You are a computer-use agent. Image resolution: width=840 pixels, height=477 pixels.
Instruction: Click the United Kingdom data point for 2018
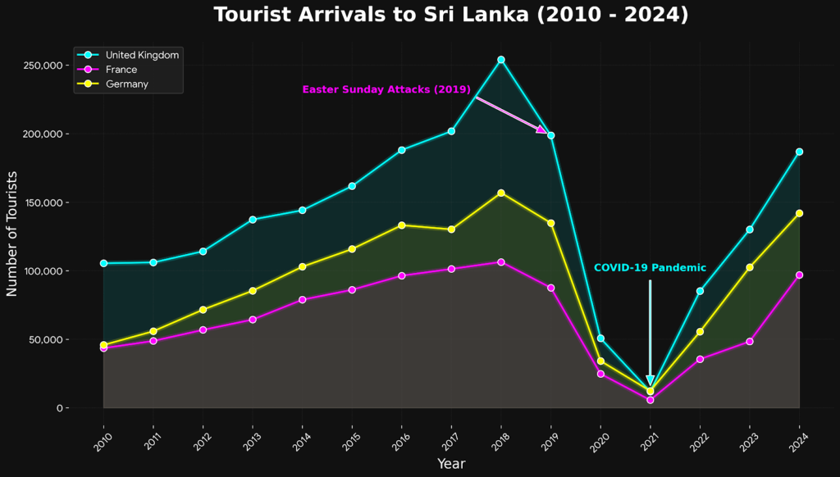(501, 60)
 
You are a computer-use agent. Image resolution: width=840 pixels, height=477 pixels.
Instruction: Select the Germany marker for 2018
(501, 193)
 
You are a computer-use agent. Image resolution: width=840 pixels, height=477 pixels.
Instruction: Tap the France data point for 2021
(650, 400)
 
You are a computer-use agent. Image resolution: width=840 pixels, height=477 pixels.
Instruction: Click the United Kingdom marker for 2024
(799, 152)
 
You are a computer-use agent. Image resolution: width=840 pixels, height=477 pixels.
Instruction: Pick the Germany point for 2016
(402, 225)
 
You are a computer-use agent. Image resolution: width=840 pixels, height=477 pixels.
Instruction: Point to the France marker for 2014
(302, 300)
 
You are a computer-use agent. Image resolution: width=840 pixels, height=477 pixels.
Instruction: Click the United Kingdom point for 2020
(600, 338)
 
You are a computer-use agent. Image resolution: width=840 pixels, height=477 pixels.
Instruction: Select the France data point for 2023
(750, 341)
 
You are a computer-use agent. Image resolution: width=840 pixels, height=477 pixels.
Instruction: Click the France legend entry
(121, 70)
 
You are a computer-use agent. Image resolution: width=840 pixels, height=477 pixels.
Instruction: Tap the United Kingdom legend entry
(142, 55)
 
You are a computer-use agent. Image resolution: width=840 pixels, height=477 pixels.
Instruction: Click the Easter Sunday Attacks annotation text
(386, 90)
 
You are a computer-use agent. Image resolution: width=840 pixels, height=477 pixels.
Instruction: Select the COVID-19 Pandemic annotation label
(650, 268)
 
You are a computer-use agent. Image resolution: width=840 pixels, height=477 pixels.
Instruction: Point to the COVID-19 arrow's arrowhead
(650, 381)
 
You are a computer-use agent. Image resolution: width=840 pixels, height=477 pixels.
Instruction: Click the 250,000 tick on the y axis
(43, 66)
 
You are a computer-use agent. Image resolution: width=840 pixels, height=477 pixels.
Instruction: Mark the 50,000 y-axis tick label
(47, 339)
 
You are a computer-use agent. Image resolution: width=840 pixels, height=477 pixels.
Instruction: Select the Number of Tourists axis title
(12, 234)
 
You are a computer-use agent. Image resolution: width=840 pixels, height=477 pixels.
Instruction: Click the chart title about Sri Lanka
(450, 15)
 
